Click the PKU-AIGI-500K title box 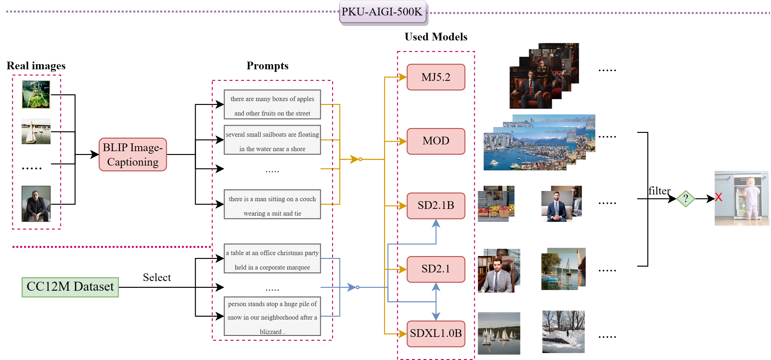[x=382, y=12]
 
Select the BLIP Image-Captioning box [x=133, y=155]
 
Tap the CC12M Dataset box [x=70, y=287]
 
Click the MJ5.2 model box [x=435, y=77]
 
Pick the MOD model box [x=435, y=141]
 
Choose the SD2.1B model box [x=435, y=205]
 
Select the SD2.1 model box [x=435, y=269]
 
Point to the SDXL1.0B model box [x=435, y=333]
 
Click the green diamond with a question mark [x=685, y=199]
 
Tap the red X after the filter [x=718, y=197]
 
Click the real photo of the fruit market [x=36, y=94]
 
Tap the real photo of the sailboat [x=36, y=131]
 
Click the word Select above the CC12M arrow [x=157, y=277]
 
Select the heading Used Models [x=435, y=37]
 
